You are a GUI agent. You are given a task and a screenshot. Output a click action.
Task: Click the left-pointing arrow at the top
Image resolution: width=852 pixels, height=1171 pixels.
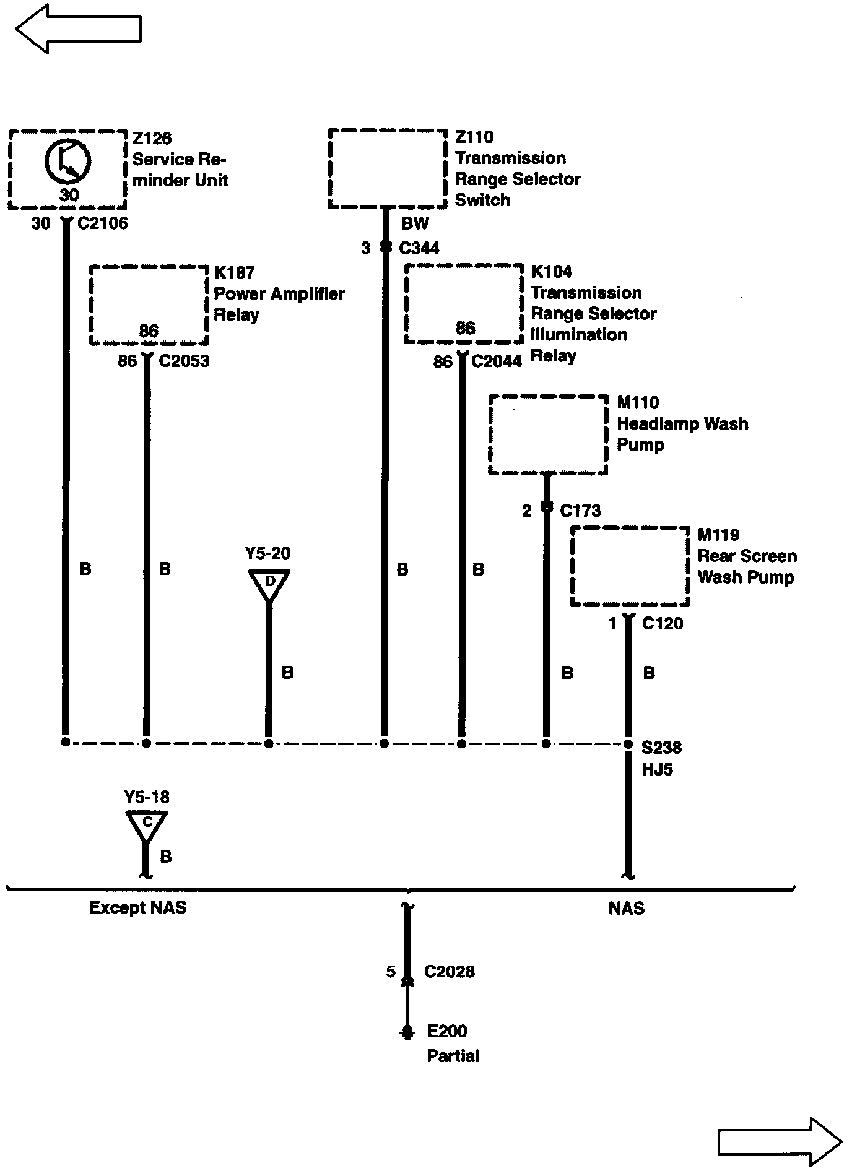tap(77, 28)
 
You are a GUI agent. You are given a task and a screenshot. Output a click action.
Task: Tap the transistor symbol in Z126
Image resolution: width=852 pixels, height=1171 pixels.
tap(67, 162)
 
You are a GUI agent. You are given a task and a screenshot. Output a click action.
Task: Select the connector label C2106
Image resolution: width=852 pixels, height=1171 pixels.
tap(102, 223)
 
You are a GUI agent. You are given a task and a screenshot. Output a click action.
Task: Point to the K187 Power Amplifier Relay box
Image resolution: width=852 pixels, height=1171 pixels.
tap(149, 305)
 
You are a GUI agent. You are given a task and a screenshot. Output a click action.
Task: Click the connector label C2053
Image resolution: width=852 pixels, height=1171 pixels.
tap(184, 361)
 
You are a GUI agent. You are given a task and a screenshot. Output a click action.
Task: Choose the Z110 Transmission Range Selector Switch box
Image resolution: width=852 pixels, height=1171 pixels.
tap(387, 169)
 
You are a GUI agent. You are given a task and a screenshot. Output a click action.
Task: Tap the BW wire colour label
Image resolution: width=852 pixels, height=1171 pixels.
tap(414, 223)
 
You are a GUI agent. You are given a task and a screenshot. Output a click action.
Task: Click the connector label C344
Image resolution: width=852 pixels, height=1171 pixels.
tap(419, 248)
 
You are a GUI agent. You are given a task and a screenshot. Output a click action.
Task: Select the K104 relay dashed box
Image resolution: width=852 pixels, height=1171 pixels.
tap(464, 303)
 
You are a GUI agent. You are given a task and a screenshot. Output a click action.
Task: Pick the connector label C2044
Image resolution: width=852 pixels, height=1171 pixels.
tap(496, 361)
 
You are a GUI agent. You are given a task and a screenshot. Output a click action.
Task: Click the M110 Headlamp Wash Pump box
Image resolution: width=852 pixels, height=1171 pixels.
tap(548, 434)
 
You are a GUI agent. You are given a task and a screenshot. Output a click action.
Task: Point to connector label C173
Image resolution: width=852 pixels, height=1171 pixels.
tap(580, 511)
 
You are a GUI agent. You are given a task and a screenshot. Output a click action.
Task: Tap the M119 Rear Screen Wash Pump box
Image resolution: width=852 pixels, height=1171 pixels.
tap(630, 566)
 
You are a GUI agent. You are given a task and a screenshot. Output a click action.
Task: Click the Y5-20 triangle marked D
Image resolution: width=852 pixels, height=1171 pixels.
tap(269, 584)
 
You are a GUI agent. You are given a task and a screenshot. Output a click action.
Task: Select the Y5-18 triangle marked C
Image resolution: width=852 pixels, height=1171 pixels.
tap(147, 824)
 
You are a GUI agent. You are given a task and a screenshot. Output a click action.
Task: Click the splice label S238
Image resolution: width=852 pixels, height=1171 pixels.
tap(661, 748)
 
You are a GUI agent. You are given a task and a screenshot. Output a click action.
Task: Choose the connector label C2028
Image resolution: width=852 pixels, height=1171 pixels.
tap(449, 972)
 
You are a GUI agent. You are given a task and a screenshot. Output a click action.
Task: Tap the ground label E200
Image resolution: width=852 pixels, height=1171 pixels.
tap(447, 1031)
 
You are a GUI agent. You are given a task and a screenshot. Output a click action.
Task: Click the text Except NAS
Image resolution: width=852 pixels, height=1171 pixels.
tap(137, 908)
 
